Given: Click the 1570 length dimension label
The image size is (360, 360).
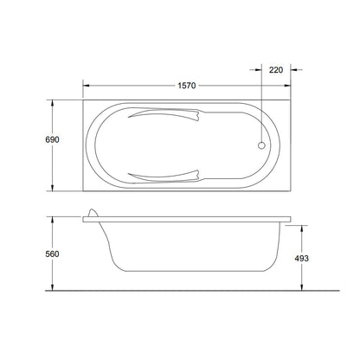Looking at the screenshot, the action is coord(187,86).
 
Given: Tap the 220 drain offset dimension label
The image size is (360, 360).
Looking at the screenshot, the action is coord(276,70).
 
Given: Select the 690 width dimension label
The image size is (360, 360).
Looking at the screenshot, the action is coord(52,139).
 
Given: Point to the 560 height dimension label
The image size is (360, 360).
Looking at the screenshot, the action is coord(52,254).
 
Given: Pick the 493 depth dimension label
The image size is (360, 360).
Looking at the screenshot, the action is coord(301,259).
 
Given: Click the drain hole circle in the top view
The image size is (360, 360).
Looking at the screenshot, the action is coord(261,145).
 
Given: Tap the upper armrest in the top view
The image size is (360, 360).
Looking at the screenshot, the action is coord(164,113).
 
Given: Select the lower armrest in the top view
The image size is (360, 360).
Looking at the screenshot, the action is coord(164,177).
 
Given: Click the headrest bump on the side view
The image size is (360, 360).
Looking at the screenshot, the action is coord(93,213).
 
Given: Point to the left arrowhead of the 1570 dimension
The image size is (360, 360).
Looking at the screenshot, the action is coord(86,86).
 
